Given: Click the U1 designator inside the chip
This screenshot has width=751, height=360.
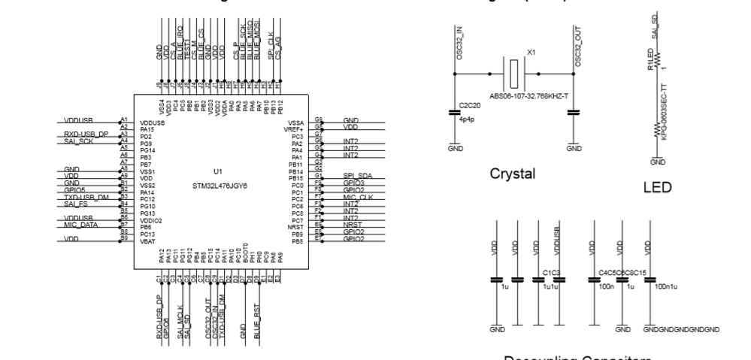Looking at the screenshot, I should (x=217, y=171).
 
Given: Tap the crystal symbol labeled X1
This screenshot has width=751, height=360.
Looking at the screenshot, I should (x=513, y=74).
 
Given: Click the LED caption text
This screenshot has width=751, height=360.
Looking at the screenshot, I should (x=657, y=186).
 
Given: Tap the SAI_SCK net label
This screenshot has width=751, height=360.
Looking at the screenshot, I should (x=78, y=141).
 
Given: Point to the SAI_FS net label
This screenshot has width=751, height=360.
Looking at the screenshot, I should (x=75, y=204).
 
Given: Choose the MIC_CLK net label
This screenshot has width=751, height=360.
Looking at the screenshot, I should (x=357, y=197).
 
